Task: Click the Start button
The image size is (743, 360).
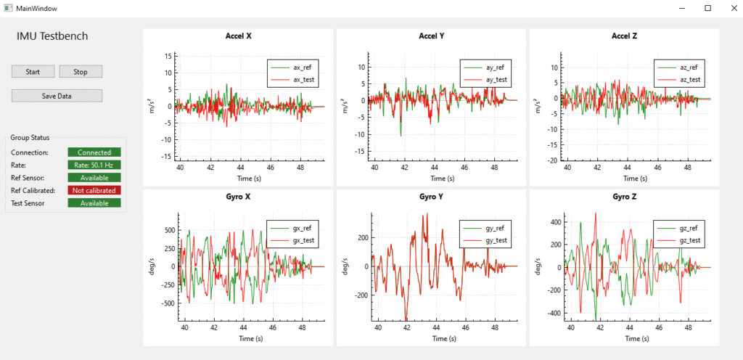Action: pos(33,72)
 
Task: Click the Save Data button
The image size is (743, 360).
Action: pos(57,96)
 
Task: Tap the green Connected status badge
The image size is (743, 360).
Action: pos(94,152)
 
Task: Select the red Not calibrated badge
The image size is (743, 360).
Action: pos(94,190)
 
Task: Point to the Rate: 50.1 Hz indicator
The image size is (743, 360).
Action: pos(94,165)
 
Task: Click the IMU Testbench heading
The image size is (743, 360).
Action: pos(52,36)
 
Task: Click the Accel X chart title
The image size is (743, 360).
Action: pos(239,36)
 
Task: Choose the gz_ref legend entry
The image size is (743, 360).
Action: pos(688,228)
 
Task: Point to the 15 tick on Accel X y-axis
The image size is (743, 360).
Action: pos(167,56)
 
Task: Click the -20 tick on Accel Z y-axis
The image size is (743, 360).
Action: pos(553,160)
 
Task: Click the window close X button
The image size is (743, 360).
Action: pos(726,8)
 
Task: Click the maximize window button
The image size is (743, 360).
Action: pos(707,8)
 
